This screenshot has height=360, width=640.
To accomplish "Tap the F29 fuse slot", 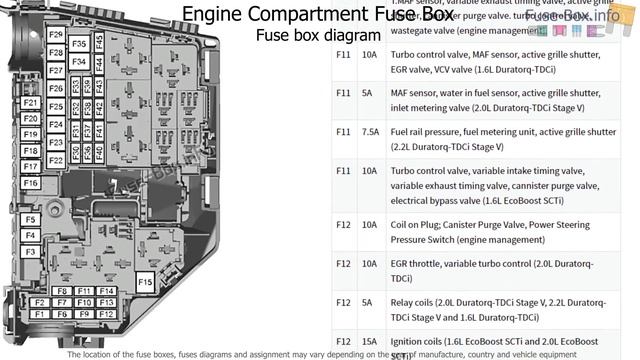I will point(56,35).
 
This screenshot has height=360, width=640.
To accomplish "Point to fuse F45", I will point(99,42).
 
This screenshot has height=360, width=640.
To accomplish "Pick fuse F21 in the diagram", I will point(30,103).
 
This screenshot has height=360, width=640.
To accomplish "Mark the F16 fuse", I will point(30,183).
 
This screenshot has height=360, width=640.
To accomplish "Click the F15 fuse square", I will point(145,283).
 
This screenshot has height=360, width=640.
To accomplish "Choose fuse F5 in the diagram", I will point(30,219).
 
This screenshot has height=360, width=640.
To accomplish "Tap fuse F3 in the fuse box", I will point(30,252).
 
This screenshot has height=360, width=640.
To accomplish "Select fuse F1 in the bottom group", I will point(39,314).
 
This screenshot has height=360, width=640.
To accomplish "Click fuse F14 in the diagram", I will point(107,291).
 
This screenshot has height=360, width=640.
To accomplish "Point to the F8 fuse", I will point(62,291).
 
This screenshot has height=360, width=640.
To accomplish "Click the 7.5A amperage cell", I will point(370,131).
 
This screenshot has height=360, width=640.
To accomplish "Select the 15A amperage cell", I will point(370,341).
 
